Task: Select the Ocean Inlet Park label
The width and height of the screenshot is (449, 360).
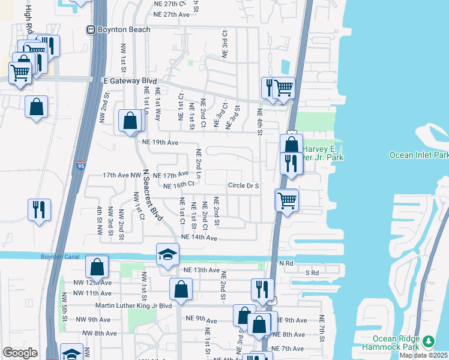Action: [418, 155]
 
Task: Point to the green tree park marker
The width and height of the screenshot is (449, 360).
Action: [429, 342]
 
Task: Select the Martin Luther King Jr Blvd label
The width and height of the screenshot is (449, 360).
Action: [129, 306]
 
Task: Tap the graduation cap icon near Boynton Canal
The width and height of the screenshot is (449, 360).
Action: [168, 254]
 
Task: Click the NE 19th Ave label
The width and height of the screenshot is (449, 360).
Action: [160, 143]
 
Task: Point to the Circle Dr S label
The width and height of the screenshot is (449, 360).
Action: [243, 186]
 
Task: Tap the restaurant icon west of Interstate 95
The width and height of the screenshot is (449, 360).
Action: [39, 209]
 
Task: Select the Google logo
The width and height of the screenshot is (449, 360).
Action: [20, 353]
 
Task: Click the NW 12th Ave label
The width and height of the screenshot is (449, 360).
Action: [94, 282]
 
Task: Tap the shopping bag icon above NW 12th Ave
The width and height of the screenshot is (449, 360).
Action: [97, 267]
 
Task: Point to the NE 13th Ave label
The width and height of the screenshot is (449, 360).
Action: [202, 270]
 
